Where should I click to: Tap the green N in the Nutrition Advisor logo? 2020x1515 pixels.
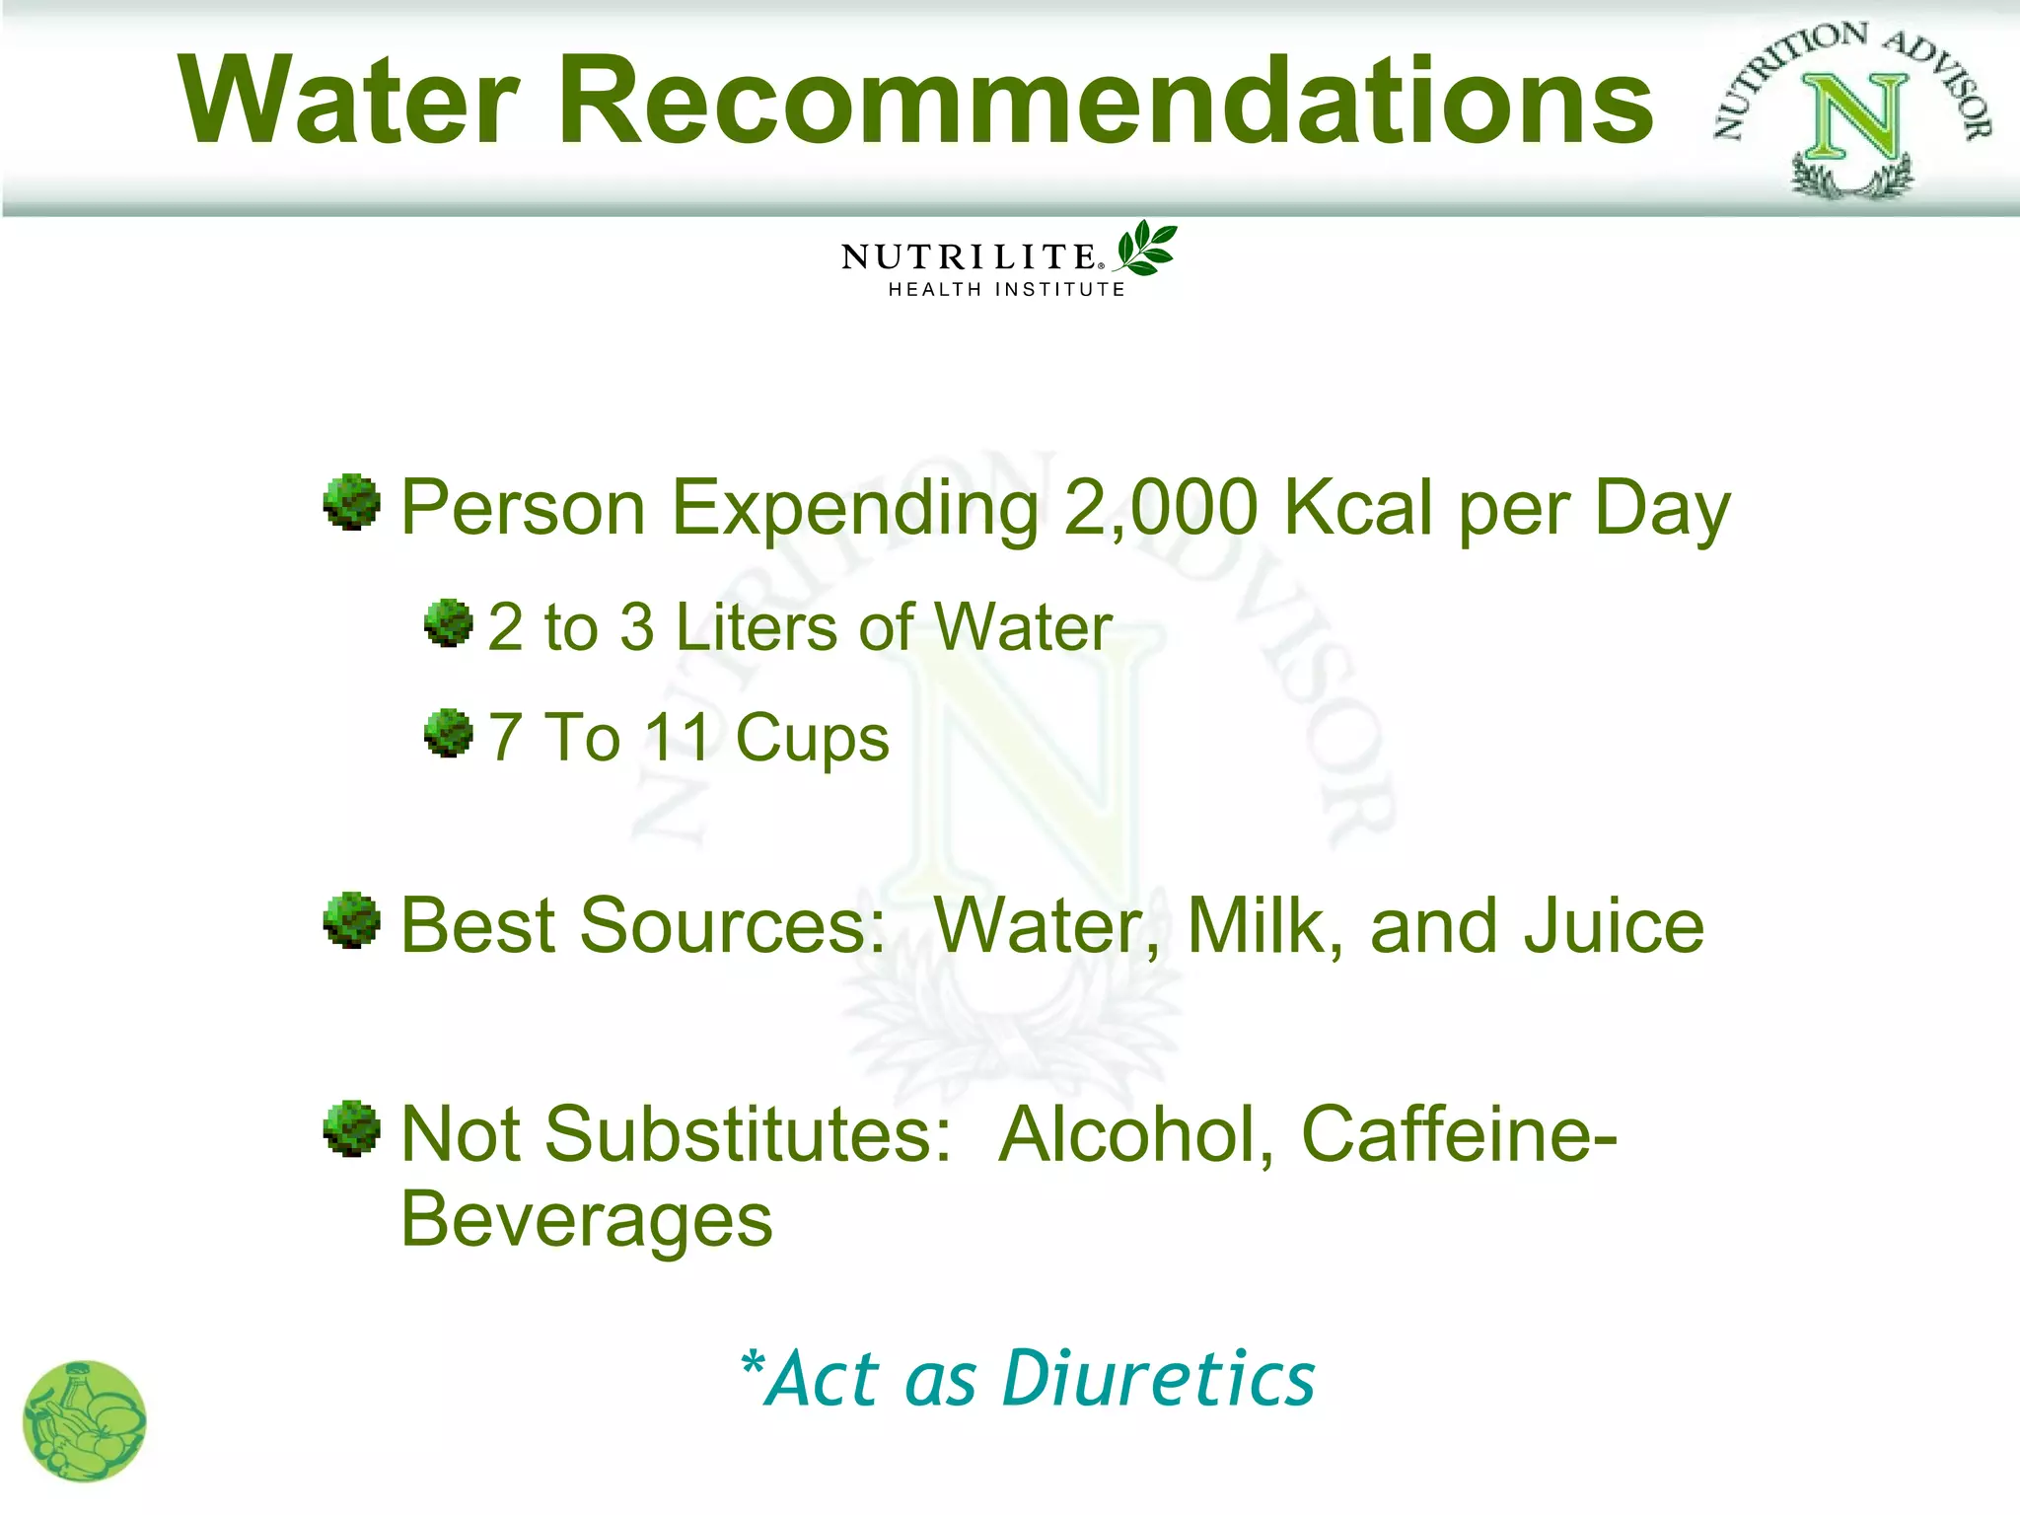coord(1854,116)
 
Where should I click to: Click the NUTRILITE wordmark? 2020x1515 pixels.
coord(970,257)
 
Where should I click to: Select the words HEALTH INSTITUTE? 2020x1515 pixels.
coord(1006,290)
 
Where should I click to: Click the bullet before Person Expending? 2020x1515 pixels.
coord(352,502)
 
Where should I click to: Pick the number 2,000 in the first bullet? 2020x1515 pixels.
coord(1161,508)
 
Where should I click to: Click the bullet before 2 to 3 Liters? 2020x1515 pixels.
coord(449,623)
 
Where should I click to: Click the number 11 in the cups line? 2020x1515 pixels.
coord(678,738)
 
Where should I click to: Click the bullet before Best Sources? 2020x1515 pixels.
coord(352,920)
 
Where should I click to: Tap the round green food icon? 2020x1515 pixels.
coord(85,1421)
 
